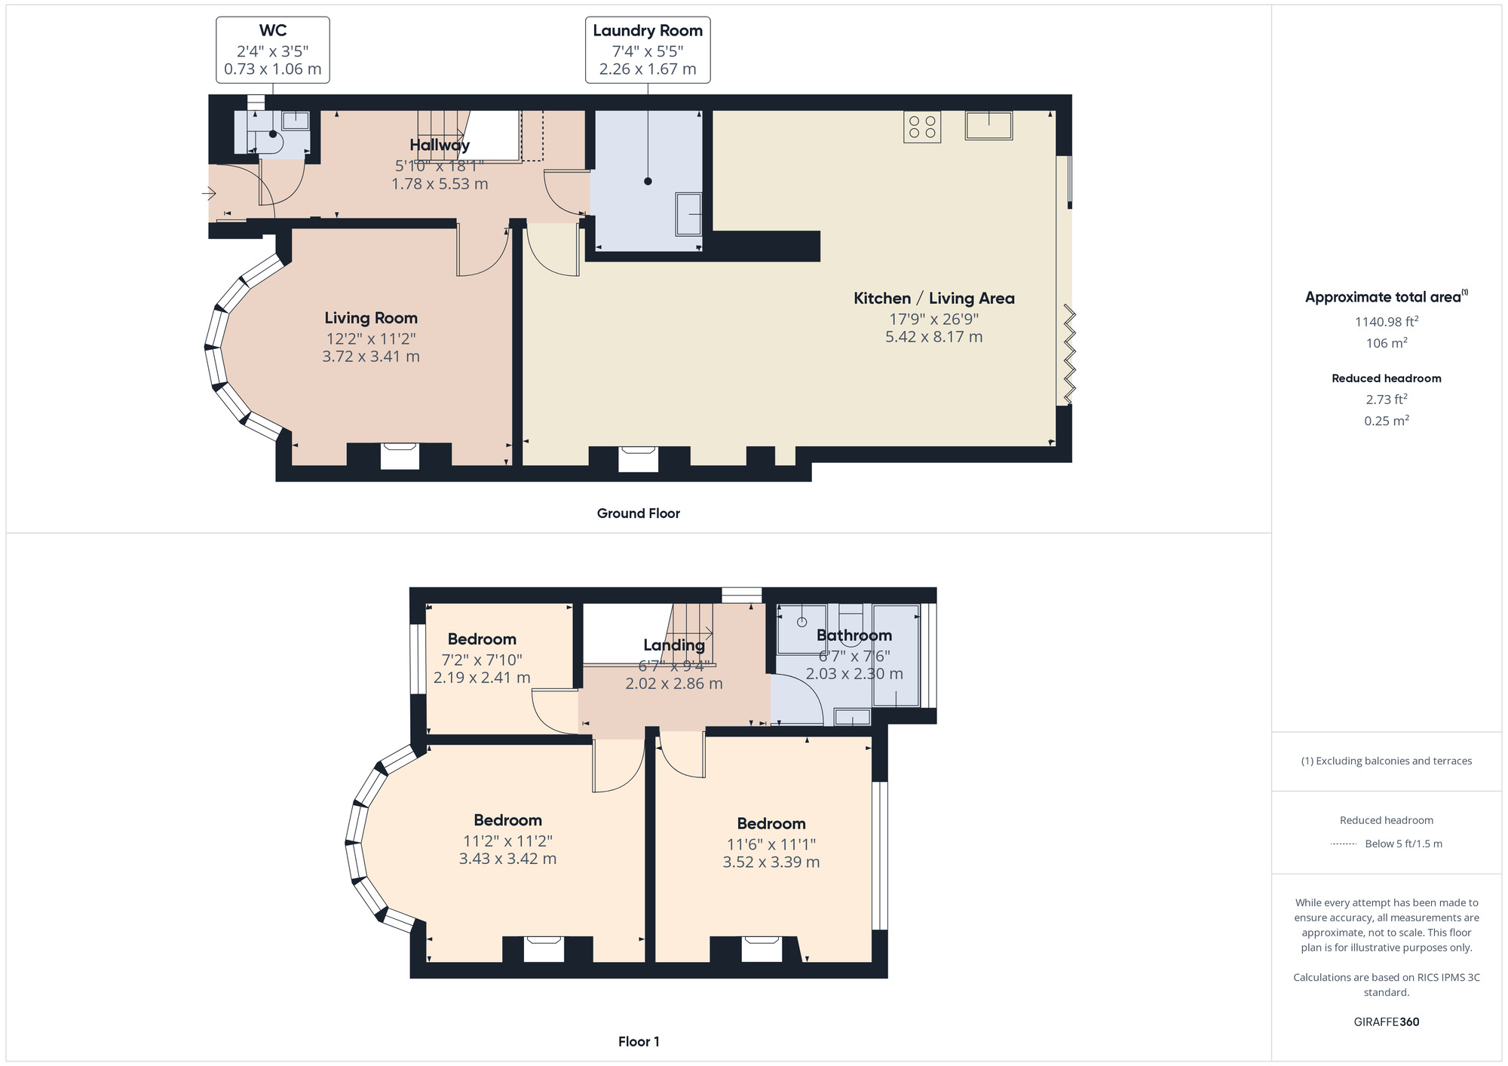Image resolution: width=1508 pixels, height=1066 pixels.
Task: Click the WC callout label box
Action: click(273, 50)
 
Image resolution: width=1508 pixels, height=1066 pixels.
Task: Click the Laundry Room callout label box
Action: click(648, 50)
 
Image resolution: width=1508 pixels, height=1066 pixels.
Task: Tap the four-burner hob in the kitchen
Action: click(922, 127)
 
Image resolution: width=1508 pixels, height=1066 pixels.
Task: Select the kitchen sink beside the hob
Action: click(988, 126)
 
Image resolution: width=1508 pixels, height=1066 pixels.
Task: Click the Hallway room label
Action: click(440, 145)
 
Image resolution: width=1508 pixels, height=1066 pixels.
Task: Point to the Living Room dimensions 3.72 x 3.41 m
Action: click(371, 357)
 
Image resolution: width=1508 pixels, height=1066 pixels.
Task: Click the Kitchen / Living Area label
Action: click(934, 299)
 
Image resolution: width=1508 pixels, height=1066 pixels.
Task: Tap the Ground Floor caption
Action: click(639, 513)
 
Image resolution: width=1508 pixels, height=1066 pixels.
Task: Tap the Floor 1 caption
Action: click(639, 1042)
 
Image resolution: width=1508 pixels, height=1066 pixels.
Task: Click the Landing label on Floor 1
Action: click(674, 645)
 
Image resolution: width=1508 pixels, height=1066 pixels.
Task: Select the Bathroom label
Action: click(854, 636)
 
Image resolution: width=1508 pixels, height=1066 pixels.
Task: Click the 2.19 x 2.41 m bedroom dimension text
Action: click(482, 678)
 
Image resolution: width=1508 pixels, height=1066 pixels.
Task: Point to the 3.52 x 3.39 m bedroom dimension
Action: click(771, 862)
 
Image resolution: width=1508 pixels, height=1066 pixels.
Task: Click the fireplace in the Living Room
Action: click(400, 456)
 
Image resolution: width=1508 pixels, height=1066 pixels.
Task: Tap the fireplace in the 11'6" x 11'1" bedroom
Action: click(762, 949)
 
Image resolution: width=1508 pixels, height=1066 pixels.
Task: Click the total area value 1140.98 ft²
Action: click(1387, 321)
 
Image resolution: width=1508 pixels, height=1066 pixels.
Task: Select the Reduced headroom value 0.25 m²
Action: click(1387, 421)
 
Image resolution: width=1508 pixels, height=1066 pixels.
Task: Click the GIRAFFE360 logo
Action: click(1387, 1022)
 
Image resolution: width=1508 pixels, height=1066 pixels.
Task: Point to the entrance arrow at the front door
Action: click(209, 195)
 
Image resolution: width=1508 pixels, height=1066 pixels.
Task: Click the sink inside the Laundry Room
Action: click(688, 214)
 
